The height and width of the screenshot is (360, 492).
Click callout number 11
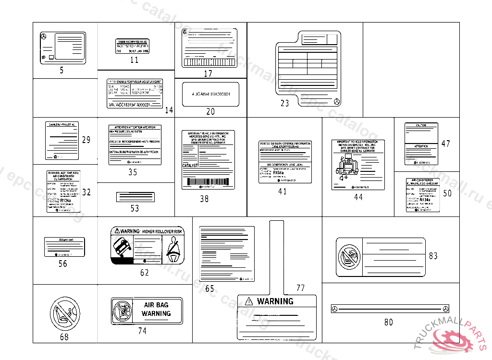[134, 60]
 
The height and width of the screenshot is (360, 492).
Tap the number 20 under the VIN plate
[210, 111]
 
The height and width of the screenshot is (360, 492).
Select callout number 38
[204, 198]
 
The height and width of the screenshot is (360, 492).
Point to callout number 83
[433, 256]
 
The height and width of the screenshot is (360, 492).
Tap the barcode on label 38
[208, 183]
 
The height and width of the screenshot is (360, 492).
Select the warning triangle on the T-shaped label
[248, 301]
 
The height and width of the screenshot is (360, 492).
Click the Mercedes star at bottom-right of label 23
[338, 102]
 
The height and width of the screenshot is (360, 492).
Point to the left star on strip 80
[335, 309]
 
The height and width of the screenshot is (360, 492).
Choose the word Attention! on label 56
[64, 240]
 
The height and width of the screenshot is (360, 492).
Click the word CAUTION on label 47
[421, 125]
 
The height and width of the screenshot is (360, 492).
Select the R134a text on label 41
[278, 172]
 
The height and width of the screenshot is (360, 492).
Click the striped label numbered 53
[135, 197]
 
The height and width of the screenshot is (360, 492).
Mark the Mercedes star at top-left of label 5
[44, 37]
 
